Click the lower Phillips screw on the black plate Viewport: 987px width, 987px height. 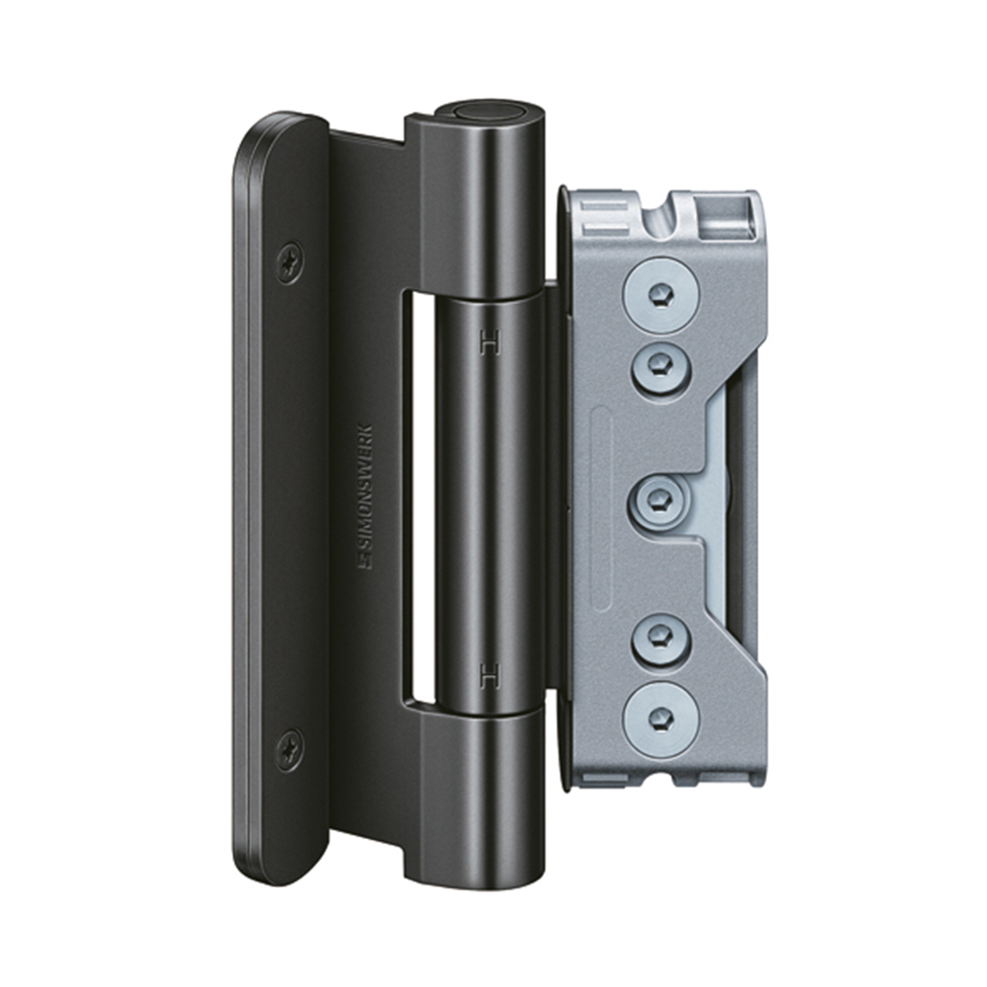coord(289,750)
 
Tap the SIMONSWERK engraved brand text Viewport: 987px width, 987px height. coord(364,497)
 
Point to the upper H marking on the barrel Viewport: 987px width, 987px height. coord(491,342)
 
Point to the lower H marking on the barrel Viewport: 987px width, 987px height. coord(491,675)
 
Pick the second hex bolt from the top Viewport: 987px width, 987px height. coord(661,364)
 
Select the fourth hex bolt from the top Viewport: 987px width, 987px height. coord(661,642)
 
